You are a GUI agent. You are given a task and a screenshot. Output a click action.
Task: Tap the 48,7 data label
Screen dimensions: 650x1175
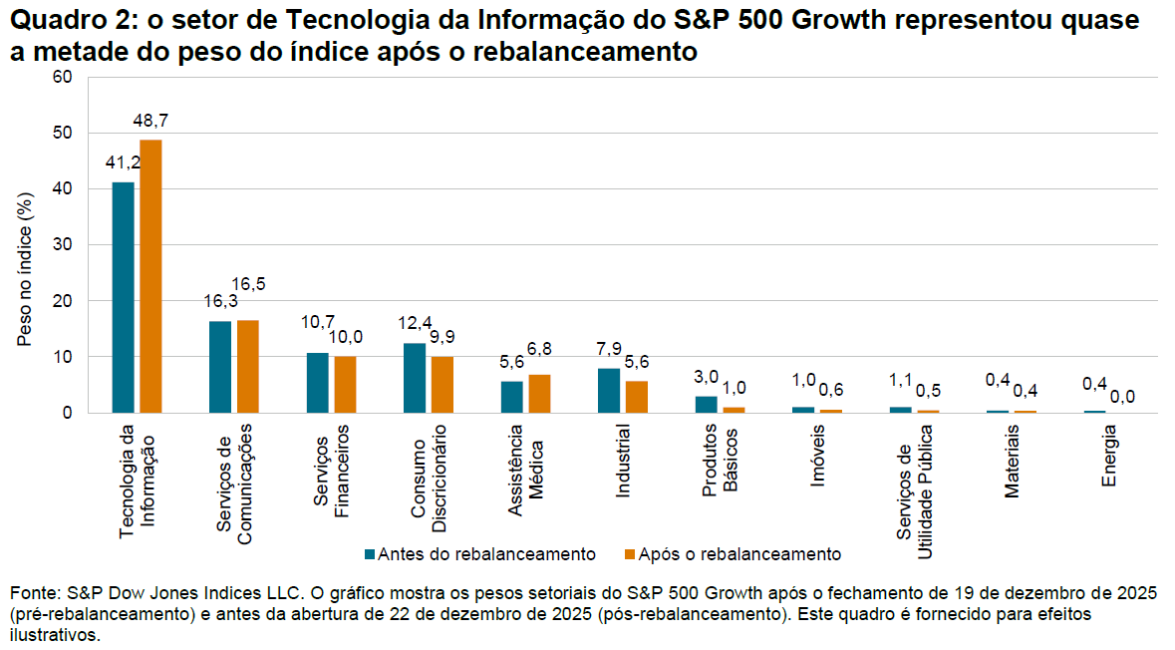[150, 121]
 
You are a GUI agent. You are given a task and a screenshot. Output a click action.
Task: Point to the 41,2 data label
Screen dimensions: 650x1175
[124, 162]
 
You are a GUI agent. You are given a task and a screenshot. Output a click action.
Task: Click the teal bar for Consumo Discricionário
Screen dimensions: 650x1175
[415, 378]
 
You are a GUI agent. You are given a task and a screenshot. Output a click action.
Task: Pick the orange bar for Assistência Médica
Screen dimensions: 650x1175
[539, 394]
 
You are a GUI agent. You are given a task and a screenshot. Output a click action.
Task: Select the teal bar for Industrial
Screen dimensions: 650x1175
[609, 391]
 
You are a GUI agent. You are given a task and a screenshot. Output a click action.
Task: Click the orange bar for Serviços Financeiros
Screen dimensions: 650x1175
[345, 385]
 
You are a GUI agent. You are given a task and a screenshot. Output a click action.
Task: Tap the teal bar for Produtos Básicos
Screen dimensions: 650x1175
[706, 405]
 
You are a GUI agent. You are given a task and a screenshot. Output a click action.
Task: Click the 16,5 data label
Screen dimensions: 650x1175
[248, 284]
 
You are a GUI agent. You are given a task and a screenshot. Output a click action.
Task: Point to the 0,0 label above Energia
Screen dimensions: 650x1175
[1122, 397]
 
